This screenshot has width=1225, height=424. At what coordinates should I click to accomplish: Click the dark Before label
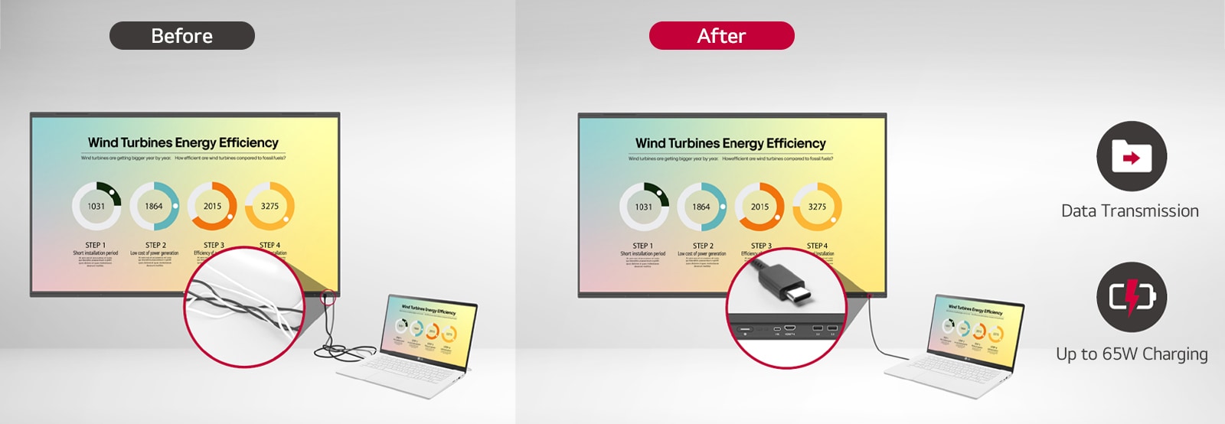coord(182,36)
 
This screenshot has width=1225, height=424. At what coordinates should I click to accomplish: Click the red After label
coord(721,36)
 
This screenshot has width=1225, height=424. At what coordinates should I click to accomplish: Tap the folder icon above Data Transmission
coord(1131,156)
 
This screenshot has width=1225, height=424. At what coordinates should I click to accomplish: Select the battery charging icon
coord(1131,297)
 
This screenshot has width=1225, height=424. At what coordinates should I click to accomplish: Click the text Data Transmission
coord(1129,211)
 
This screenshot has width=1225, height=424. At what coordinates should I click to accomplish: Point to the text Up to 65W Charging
coord(1131,354)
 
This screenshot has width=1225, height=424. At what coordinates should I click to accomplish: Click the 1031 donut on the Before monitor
coord(96,206)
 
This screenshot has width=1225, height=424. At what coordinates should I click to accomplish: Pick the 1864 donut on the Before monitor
coord(154,206)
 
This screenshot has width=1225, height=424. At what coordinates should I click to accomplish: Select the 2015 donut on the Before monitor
coord(212,206)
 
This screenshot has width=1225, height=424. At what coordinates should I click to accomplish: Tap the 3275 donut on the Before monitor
coord(269,206)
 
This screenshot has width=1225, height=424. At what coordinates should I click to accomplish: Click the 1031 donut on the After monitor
coord(644,207)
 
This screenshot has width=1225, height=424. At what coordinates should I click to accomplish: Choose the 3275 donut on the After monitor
coord(817,207)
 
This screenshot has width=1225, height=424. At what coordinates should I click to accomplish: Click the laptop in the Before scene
coord(413,344)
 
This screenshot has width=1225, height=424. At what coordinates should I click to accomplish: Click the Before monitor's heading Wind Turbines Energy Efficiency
coord(183,142)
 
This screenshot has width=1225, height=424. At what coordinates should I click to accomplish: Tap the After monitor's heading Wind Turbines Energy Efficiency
coord(730,143)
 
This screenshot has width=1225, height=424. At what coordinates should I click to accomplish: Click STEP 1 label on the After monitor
coord(642,246)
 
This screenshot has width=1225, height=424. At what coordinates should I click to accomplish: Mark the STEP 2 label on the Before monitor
coord(155,245)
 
